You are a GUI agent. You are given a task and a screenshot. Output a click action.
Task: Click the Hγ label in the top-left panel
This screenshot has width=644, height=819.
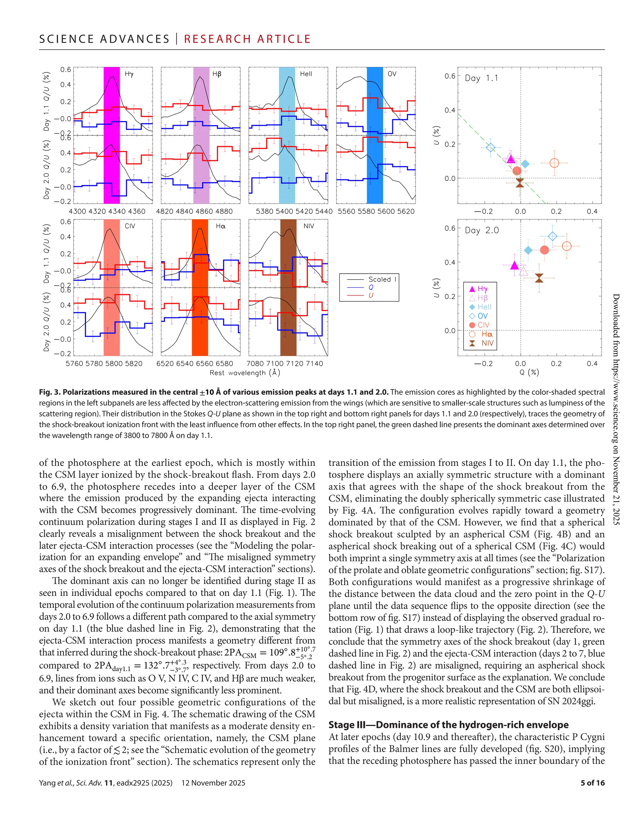(x=129, y=74)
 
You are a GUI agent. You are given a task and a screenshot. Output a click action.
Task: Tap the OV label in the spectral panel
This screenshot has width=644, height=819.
(x=392, y=74)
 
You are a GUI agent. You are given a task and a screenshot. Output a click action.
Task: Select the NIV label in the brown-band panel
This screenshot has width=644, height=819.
(x=308, y=226)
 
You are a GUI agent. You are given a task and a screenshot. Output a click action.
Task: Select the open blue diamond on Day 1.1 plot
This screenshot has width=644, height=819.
(x=490, y=147)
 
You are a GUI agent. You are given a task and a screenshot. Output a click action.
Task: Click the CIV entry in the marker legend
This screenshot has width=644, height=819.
(x=483, y=325)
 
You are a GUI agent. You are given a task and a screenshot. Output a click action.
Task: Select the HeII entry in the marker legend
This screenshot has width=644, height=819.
(x=484, y=307)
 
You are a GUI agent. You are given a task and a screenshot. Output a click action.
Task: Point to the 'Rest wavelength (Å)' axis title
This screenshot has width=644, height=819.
(x=245, y=373)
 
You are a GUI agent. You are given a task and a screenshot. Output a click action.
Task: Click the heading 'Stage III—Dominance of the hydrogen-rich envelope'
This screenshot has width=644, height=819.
(x=448, y=725)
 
